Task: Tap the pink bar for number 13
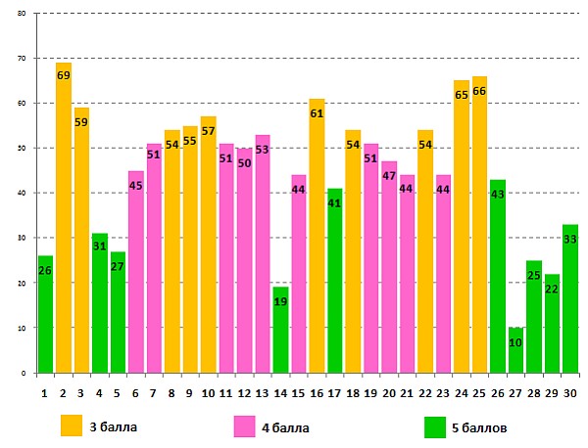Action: [263, 253]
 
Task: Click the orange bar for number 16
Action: [317, 236]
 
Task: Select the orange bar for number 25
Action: [479, 224]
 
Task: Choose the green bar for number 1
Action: [45, 314]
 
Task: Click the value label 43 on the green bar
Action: [497, 195]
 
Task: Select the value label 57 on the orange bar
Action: [208, 131]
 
